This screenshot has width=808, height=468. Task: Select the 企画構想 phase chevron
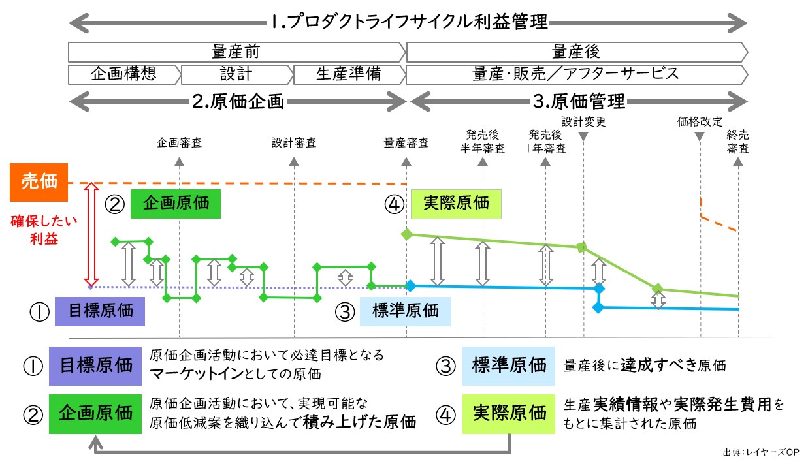tap(123, 74)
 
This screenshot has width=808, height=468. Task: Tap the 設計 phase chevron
tap(236, 74)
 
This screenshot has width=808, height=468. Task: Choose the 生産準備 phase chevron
tap(347, 74)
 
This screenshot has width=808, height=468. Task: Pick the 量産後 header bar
tap(575, 52)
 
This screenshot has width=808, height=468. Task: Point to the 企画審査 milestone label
tap(179, 143)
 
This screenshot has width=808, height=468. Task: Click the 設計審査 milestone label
tap(295, 143)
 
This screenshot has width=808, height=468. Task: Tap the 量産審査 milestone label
tap(406, 143)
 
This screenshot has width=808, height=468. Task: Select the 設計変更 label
tap(583, 121)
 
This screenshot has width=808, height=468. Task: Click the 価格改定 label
tap(700, 121)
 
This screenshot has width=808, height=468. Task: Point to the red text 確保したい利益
tap(44, 230)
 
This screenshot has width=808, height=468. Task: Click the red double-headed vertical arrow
tap(91, 235)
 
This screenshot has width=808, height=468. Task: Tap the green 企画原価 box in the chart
tap(176, 203)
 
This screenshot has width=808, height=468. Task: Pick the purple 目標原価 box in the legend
tap(95, 365)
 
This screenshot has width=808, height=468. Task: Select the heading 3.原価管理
tap(579, 101)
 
